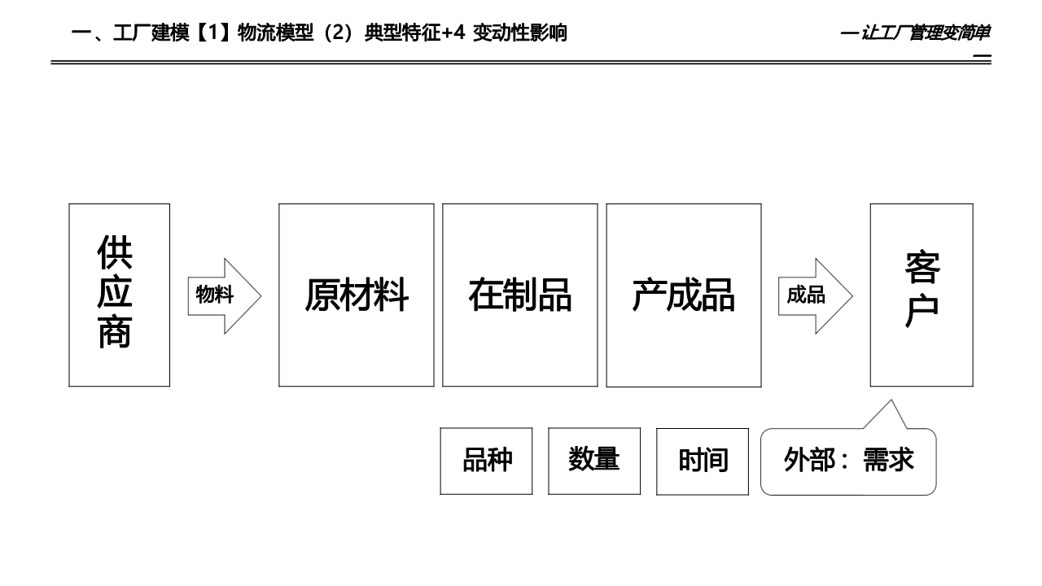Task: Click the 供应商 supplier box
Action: (x=119, y=295)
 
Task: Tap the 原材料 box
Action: (x=356, y=295)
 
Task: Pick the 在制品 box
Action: (x=519, y=295)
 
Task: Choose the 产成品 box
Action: (x=683, y=295)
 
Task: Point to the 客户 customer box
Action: (x=921, y=295)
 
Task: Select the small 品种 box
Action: (x=486, y=461)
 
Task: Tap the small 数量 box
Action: (x=593, y=461)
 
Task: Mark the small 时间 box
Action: (x=702, y=461)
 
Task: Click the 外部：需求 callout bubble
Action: (x=847, y=461)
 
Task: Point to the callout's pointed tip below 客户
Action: (x=891, y=402)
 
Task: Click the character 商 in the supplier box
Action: (x=115, y=332)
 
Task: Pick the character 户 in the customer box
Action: (x=922, y=312)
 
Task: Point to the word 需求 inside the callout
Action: (x=888, y=461)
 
